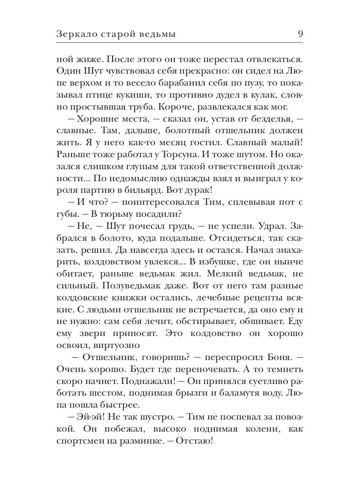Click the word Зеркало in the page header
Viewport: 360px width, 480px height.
78,34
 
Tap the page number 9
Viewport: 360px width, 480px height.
300,34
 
